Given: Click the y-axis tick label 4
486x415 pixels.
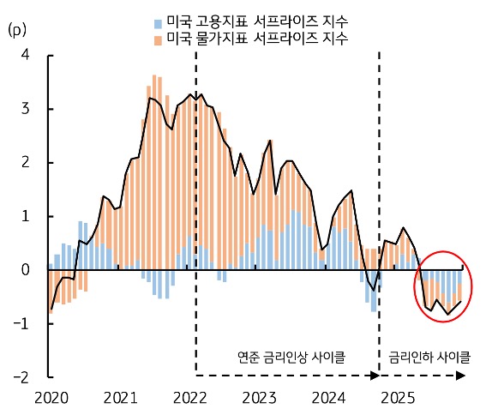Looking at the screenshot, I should coord(26,55).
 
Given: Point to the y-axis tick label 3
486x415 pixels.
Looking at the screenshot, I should coord(26,109).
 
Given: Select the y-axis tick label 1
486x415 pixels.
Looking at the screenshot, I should coord(26,216).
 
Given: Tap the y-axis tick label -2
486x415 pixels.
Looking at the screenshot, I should coord(22,376).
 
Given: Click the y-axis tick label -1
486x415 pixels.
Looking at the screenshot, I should coord(22,323).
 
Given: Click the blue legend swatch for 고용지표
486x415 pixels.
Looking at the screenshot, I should coord(158,21).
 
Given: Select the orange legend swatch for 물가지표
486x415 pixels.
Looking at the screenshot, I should coord(158,39).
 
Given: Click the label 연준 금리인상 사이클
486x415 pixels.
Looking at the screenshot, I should coord(287,356).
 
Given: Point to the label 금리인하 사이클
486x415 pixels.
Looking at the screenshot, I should coord(424,356).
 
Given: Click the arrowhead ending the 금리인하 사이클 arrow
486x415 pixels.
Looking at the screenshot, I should coord(461,375).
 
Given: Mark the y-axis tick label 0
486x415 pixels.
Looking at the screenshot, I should coord(26,269).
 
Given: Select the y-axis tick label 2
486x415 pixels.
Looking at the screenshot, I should coord(26,162).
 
